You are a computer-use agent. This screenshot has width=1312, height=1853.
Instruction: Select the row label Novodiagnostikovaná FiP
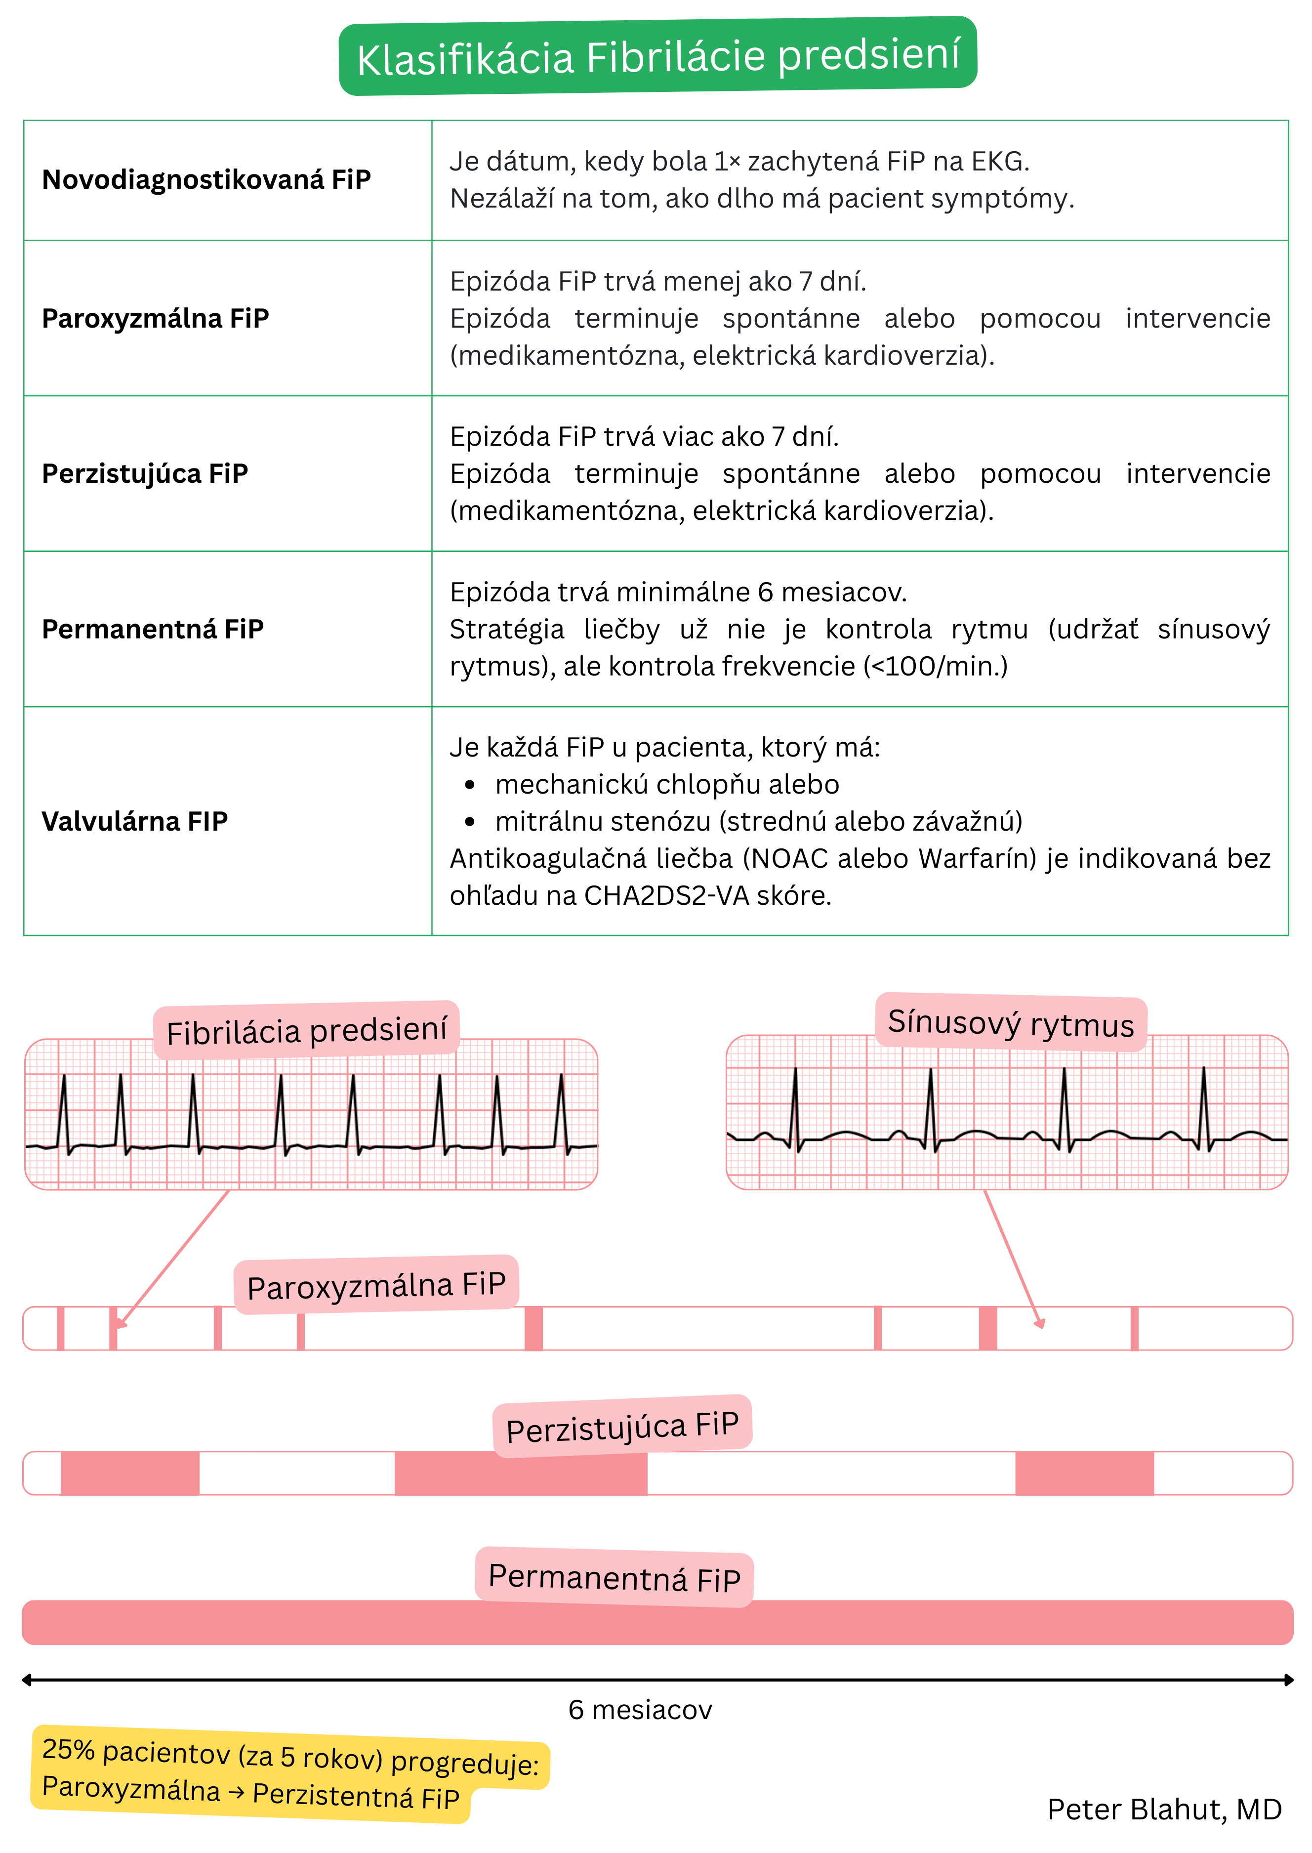point(206,179)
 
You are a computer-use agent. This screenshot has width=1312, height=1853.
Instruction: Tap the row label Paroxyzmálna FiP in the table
point(155,318)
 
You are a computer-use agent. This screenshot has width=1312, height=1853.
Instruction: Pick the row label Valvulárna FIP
point(135,821)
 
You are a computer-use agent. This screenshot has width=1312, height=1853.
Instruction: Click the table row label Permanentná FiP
point(153,629)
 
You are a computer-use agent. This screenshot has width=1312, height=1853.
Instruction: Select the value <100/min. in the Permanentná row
point(937,666)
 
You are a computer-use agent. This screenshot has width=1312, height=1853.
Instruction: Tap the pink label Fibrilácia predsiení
point(306,1030)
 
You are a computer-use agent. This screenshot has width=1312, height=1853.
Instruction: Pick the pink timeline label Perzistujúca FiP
point(622,1427)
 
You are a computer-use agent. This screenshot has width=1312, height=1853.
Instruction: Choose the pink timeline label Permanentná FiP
point(614,1577)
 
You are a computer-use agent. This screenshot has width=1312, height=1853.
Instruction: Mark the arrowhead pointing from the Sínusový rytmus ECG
point(1040,1323)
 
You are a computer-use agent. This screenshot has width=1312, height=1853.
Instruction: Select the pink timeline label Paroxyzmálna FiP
point(375,1285)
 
